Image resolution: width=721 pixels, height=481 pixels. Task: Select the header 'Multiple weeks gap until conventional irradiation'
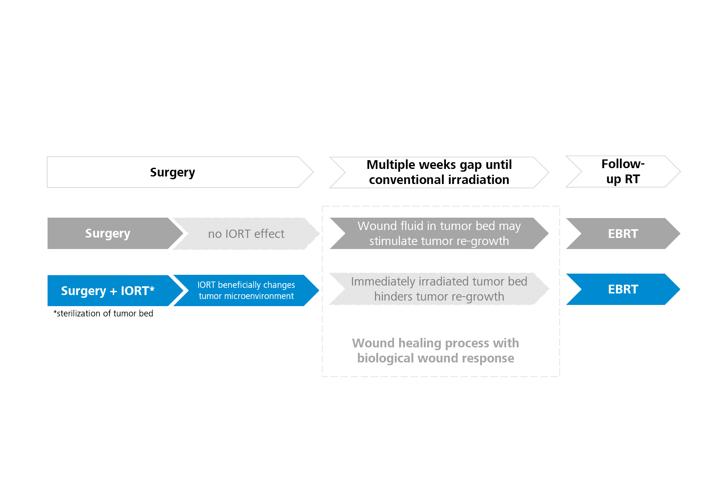point(439,172)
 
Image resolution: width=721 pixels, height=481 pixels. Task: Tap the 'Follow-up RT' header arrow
point(623,171)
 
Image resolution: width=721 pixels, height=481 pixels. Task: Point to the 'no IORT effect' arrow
point(246,234)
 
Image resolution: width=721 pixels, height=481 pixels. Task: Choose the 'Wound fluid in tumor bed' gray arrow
point(439,233)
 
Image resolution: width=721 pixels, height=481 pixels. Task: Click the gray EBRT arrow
point(623,234)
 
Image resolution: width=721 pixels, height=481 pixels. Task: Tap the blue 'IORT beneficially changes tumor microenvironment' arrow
point(246,290)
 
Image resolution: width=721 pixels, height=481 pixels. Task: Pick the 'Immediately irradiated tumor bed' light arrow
point(439,289)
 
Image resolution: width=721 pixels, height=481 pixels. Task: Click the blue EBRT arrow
point(623,289)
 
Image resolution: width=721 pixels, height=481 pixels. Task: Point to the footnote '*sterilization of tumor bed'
point(103,313)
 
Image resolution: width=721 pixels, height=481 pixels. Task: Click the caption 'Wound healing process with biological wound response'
point(436,351)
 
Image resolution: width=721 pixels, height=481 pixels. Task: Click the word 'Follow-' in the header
point(623,164)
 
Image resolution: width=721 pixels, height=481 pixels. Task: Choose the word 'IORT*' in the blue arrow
point(138,291)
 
